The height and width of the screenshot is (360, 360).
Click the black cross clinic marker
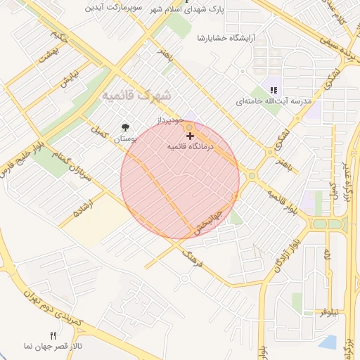click(191, 135)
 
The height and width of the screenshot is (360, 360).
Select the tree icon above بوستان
click(126, 127)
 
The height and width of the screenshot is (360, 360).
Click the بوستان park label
click(125, 140)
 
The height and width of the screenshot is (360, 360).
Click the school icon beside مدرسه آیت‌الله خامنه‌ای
click(274, 90)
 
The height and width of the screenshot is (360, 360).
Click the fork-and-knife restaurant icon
click(53, 335)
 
